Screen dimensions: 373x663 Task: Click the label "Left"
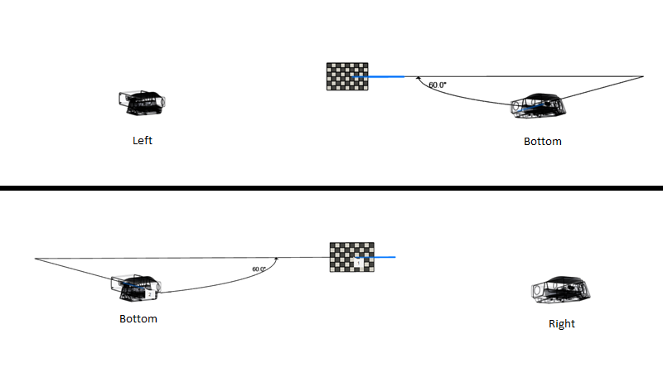(x=143, y=140)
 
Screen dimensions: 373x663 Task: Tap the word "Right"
(x=561, y=323)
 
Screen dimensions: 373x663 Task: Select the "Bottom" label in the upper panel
(x=542, y=141)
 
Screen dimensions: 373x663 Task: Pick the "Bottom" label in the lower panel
(x=138, y=318)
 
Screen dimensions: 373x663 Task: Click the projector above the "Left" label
(x=141, y=101)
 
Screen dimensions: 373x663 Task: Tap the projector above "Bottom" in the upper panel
(x=540, y=105)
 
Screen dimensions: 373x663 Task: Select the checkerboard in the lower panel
(x=351, y=257)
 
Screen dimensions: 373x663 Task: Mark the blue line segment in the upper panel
(x=380, y=76)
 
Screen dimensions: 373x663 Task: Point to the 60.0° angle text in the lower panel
(x=259, y=269)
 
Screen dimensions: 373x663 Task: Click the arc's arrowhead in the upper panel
(x=419, y=80)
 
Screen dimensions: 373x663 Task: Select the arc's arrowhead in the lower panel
(x=276, y=260)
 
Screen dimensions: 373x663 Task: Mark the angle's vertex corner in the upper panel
(x=643, y=76)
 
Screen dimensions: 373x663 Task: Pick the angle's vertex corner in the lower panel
(x=36, y=259)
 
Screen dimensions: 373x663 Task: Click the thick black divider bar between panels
(x=331, y=188)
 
